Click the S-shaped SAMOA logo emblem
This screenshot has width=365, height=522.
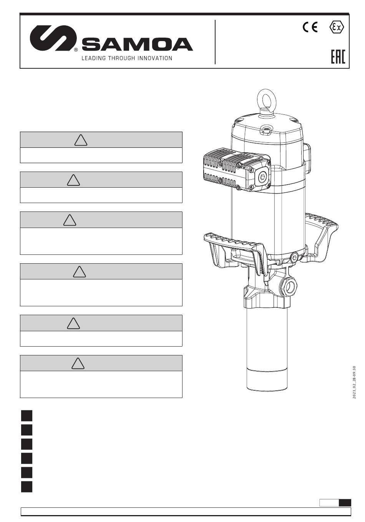(53, 38)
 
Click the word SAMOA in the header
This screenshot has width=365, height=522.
(138, 44)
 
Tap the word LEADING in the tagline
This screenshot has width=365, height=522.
(94, 58)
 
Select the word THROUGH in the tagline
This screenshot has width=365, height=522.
(121, 58)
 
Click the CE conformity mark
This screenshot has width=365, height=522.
(310, 27)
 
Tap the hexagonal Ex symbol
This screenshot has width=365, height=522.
(337, 27)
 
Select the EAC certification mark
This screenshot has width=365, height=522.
(338, 57)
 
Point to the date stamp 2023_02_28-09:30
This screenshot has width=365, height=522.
(354, 382)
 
